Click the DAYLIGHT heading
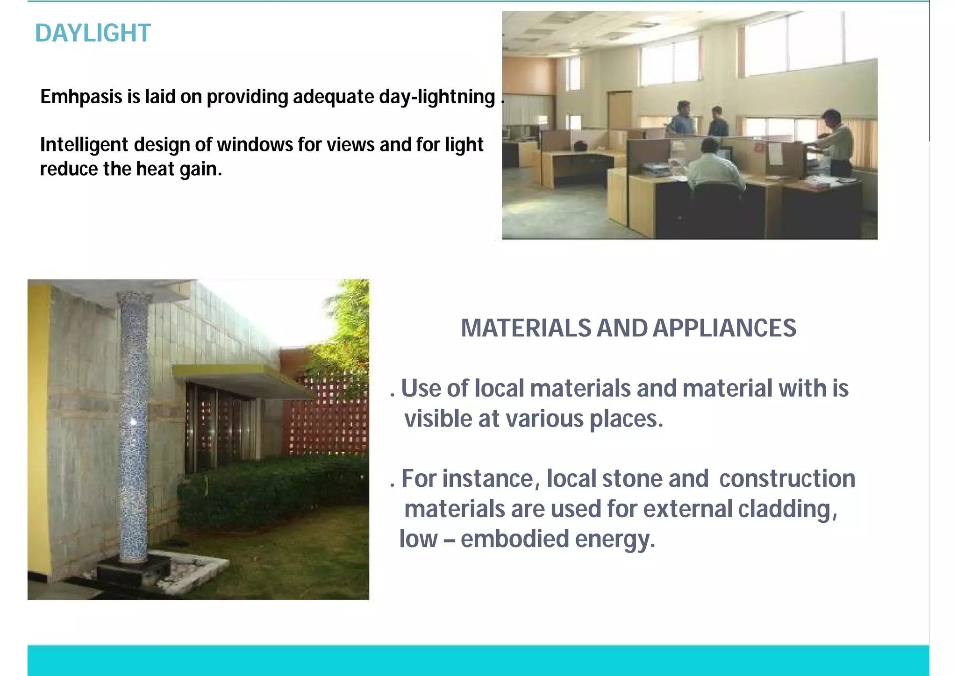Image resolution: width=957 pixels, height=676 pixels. (93, 33)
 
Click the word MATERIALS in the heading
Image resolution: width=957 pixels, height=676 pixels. (526, 328)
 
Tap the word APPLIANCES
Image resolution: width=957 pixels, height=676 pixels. (724, 328)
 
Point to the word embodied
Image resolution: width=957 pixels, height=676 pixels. (514, 539)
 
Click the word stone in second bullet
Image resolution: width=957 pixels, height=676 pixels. (632, 479)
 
